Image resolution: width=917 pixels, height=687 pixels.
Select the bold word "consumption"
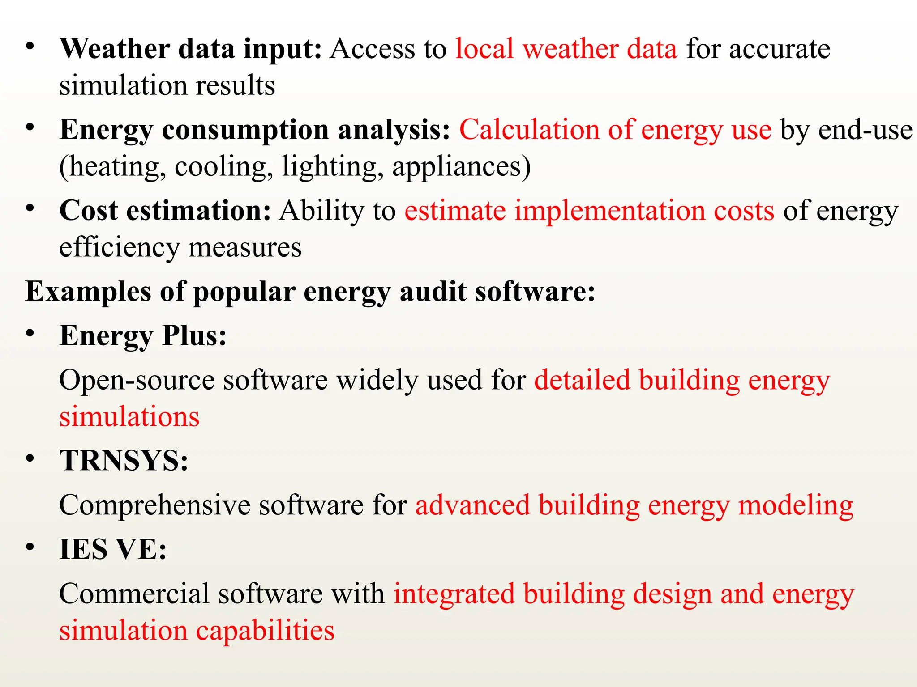(245, 130)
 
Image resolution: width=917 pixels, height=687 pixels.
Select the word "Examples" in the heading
(88, 292)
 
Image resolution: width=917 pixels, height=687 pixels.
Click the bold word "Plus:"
(194, 335)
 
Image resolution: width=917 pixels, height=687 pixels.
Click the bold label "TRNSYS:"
(124, 460)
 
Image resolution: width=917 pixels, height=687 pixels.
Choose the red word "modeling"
(796, 505)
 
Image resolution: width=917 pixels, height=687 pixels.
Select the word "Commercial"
(134, 594)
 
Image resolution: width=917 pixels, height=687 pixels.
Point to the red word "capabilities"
(265, 631)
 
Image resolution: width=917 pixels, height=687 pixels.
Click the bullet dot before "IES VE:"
(30, 547)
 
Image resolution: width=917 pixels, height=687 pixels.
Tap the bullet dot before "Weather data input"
(30, 46)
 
